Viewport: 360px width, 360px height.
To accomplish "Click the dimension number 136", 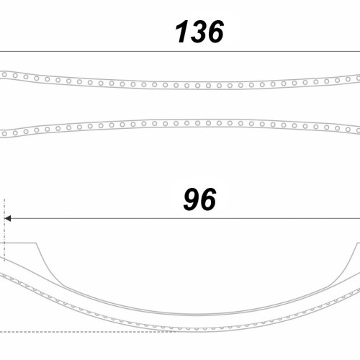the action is (199, 32).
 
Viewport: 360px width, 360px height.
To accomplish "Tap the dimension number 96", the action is (199, 199).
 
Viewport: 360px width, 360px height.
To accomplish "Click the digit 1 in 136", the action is (182, 32).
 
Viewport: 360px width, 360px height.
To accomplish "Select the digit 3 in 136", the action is (198, 32).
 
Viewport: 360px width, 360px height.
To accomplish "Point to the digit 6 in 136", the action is (215, 32).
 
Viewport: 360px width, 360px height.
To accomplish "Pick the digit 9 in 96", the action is (192, 199).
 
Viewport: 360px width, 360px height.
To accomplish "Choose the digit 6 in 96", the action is (208, 199).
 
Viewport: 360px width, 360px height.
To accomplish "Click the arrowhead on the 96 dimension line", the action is (8, 219).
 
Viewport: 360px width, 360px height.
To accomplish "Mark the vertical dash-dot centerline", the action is (4, 230).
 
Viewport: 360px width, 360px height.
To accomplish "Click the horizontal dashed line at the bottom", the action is (89, 332).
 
